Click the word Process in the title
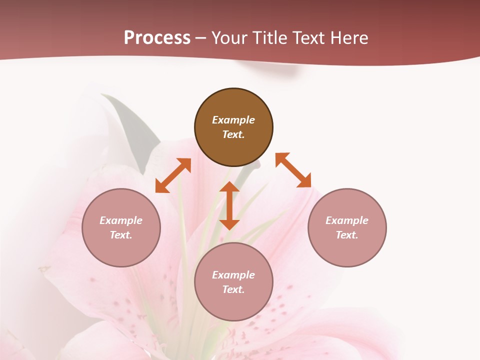(157, 38)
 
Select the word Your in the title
(229, 38)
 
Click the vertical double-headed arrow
(229, 205)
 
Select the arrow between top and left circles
(173, 175)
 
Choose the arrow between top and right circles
(293, 170)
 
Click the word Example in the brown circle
(233, 120)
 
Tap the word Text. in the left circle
(121, 235)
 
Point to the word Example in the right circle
(347, 220)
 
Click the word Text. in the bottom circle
(233, 289)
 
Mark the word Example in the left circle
(121, 220)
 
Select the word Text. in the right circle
(347, 235)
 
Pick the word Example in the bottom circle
(233, 275)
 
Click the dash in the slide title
(201, 38)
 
